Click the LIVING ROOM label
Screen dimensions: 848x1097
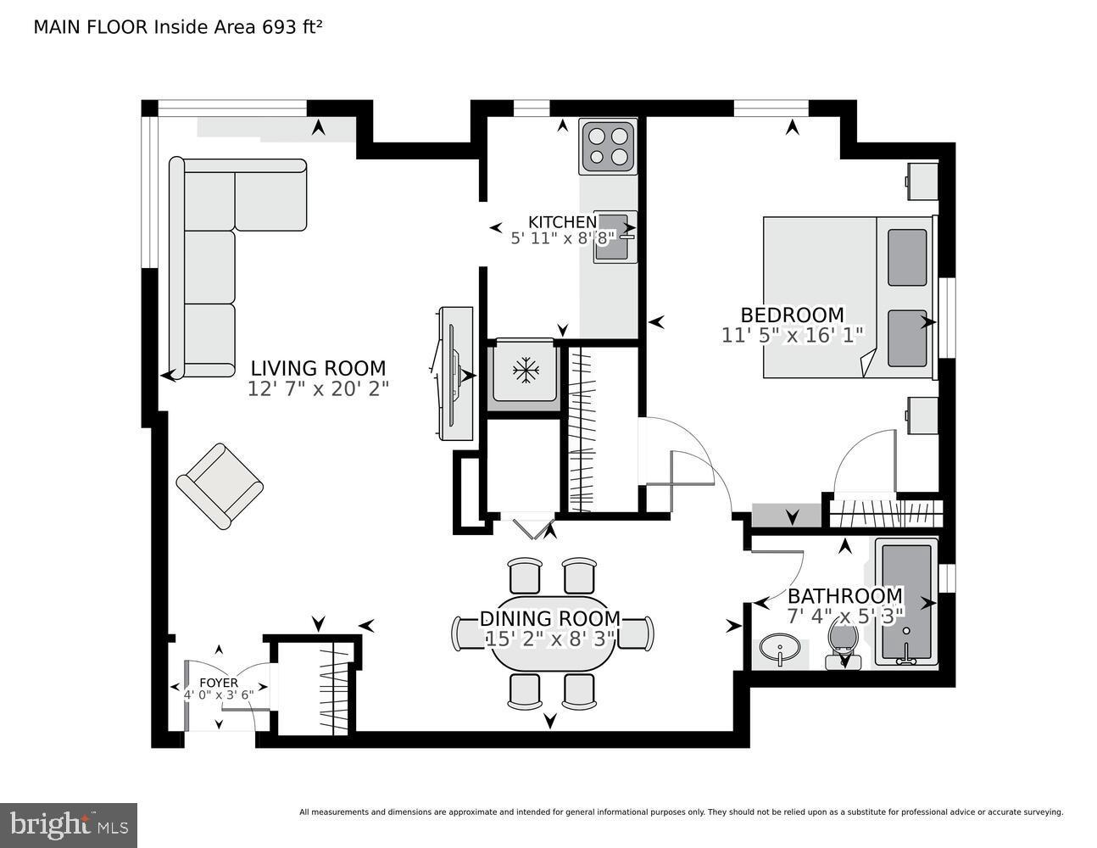[318, 368]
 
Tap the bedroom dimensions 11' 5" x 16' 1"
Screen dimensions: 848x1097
[792, 335]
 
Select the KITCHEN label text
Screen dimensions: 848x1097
[562, 222]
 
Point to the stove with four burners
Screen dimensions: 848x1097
[608, 146]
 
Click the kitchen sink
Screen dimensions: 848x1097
[615, 237]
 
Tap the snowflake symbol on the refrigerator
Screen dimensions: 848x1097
[526, 371]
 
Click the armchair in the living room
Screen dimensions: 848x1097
[220, 486]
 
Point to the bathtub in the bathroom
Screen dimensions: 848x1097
[906, 602]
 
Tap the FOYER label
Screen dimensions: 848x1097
[219, 682]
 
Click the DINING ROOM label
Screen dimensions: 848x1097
[550, 619]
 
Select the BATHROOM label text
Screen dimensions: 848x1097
[845, 595]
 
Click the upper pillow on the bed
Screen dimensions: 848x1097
[907, 257]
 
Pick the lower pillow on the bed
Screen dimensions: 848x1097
[907, 338]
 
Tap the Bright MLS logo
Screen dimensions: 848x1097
[70, 824]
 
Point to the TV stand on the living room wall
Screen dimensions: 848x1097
[455, 373]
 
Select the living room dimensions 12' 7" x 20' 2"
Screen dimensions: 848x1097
[318, 389]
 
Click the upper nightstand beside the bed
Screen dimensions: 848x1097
[922, 181]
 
